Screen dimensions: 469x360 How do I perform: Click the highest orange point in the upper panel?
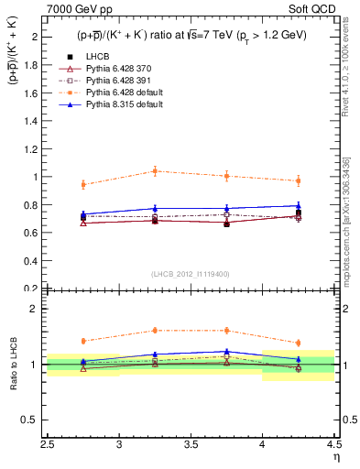pyautogui.click(x=155, y=171)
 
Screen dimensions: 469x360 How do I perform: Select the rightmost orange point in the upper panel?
pyautogui.click(x=298, y=180)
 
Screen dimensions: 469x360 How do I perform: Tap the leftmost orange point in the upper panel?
pyautogui.click(x=83, y=185)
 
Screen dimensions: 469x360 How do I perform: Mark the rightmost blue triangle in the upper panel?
pyautogui.click(x=298, y=206)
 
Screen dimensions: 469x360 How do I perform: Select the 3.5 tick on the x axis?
pyautogui.click(x=191, y=444)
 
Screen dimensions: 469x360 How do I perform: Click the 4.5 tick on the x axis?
pyautogui.click(x=333, y=444)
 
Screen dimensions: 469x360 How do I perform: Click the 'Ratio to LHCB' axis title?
pyautogui.click(x=13, y=365)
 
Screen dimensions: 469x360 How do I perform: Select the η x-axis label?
pyautogui.click(x=336, y=455)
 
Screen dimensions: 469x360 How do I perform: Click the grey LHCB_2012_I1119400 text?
pyautogui.click(x=191, y=273)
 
